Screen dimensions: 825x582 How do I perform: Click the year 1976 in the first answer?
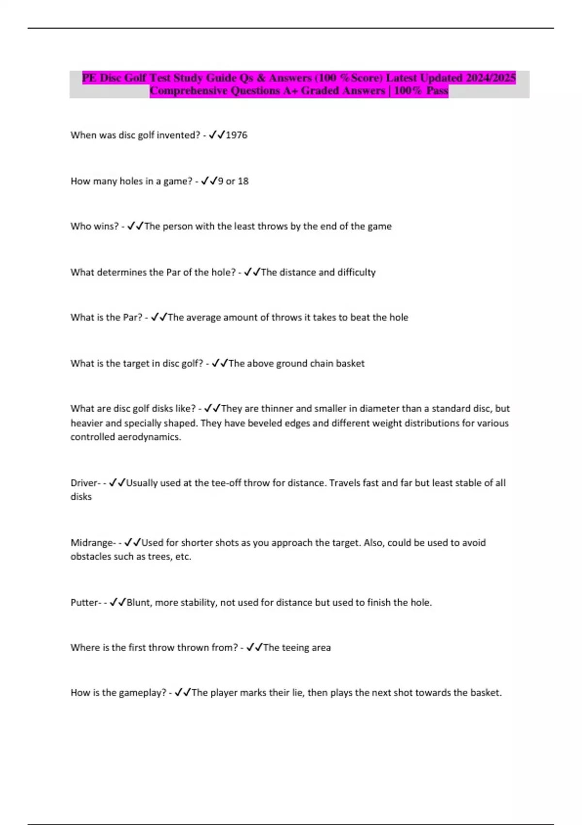tap(237, 135)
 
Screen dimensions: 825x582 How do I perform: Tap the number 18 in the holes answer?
tap(243, 181)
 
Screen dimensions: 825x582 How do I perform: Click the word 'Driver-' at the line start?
tap(85, 483)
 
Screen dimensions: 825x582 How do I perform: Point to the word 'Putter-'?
tap(86, 602)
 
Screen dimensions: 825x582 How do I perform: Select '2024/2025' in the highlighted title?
tap(490, 78)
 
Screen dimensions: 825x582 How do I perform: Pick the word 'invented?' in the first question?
tap(178, 135)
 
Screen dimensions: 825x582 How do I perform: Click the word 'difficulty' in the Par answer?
tap(356, 272)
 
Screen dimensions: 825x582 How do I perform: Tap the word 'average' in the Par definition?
tap(204, 317)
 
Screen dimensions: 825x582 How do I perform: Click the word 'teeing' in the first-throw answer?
tap(296, 647)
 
